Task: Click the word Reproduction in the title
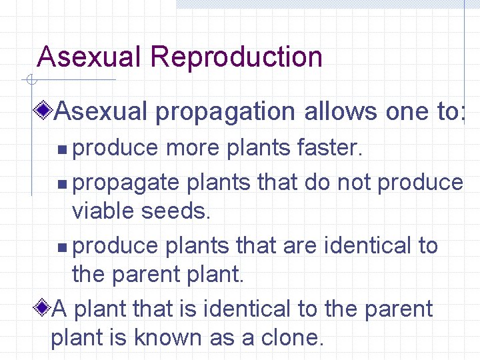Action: click(x=237, y=57)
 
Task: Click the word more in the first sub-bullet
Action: click(x=193, y=148)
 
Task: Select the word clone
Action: click(x=292, y=337)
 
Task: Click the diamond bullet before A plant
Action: click(x=44, y=308)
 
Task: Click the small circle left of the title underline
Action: click(x=30, y=81)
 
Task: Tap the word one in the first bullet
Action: click(x=408, y=112)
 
